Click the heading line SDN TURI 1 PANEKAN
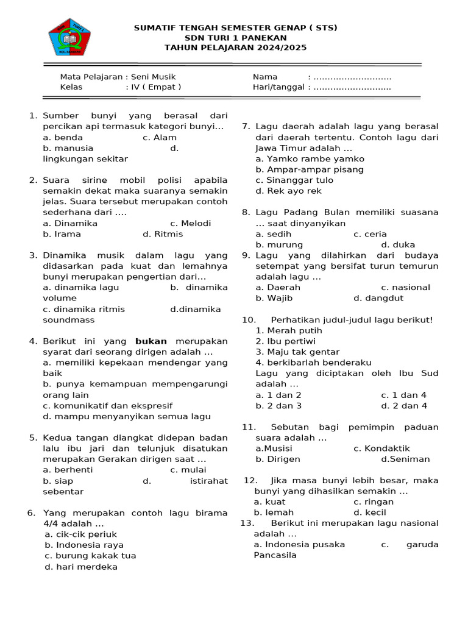[x=235, y=38]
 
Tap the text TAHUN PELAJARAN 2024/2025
[x=235, y=48]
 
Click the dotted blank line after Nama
[x=352, y=77]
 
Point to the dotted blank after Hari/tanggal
[x=352, y=87]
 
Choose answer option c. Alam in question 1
[x=160, y=138]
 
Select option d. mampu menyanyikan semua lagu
[x=127, y=417]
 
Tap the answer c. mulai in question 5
[x=188, y=470]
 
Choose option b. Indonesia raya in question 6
[x=84, y=545]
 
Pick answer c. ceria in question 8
[x=370, y=234]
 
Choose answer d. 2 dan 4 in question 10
[x=404, y=406]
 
